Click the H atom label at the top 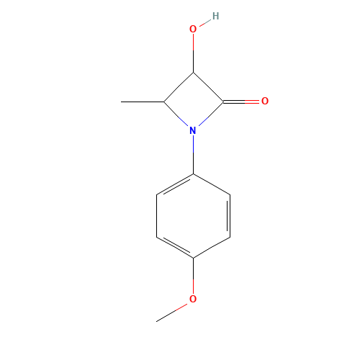tap(215, 16)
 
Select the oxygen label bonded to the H tap(192, 30)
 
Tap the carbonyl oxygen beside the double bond tap(265, 102)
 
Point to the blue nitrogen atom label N tap(192, 130)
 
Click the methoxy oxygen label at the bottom tap(192, 299)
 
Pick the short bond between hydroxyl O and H tap(204, 22)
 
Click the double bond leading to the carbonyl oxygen tap(252, 102)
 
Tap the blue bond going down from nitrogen tap(193, 144)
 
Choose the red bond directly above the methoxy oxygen tap(193, 285)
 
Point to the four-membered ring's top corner tap(193, 72)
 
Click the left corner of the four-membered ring tap(164, 102)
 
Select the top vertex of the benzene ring tap(193, 174)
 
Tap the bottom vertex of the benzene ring tap(193, 258)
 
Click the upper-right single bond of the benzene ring tap(212, 184)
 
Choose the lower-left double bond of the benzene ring tap(175, 247)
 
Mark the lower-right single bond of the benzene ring tap(212, 248)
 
